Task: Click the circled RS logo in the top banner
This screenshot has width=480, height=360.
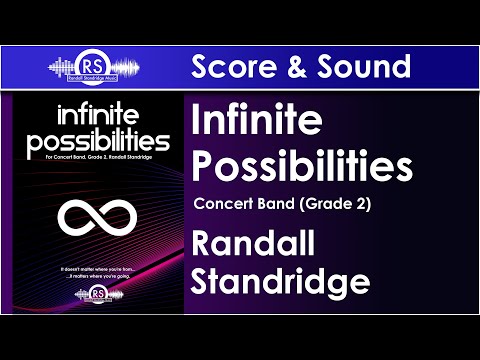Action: coord(96,63)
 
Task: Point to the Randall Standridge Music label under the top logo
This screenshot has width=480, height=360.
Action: coord(96,79)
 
